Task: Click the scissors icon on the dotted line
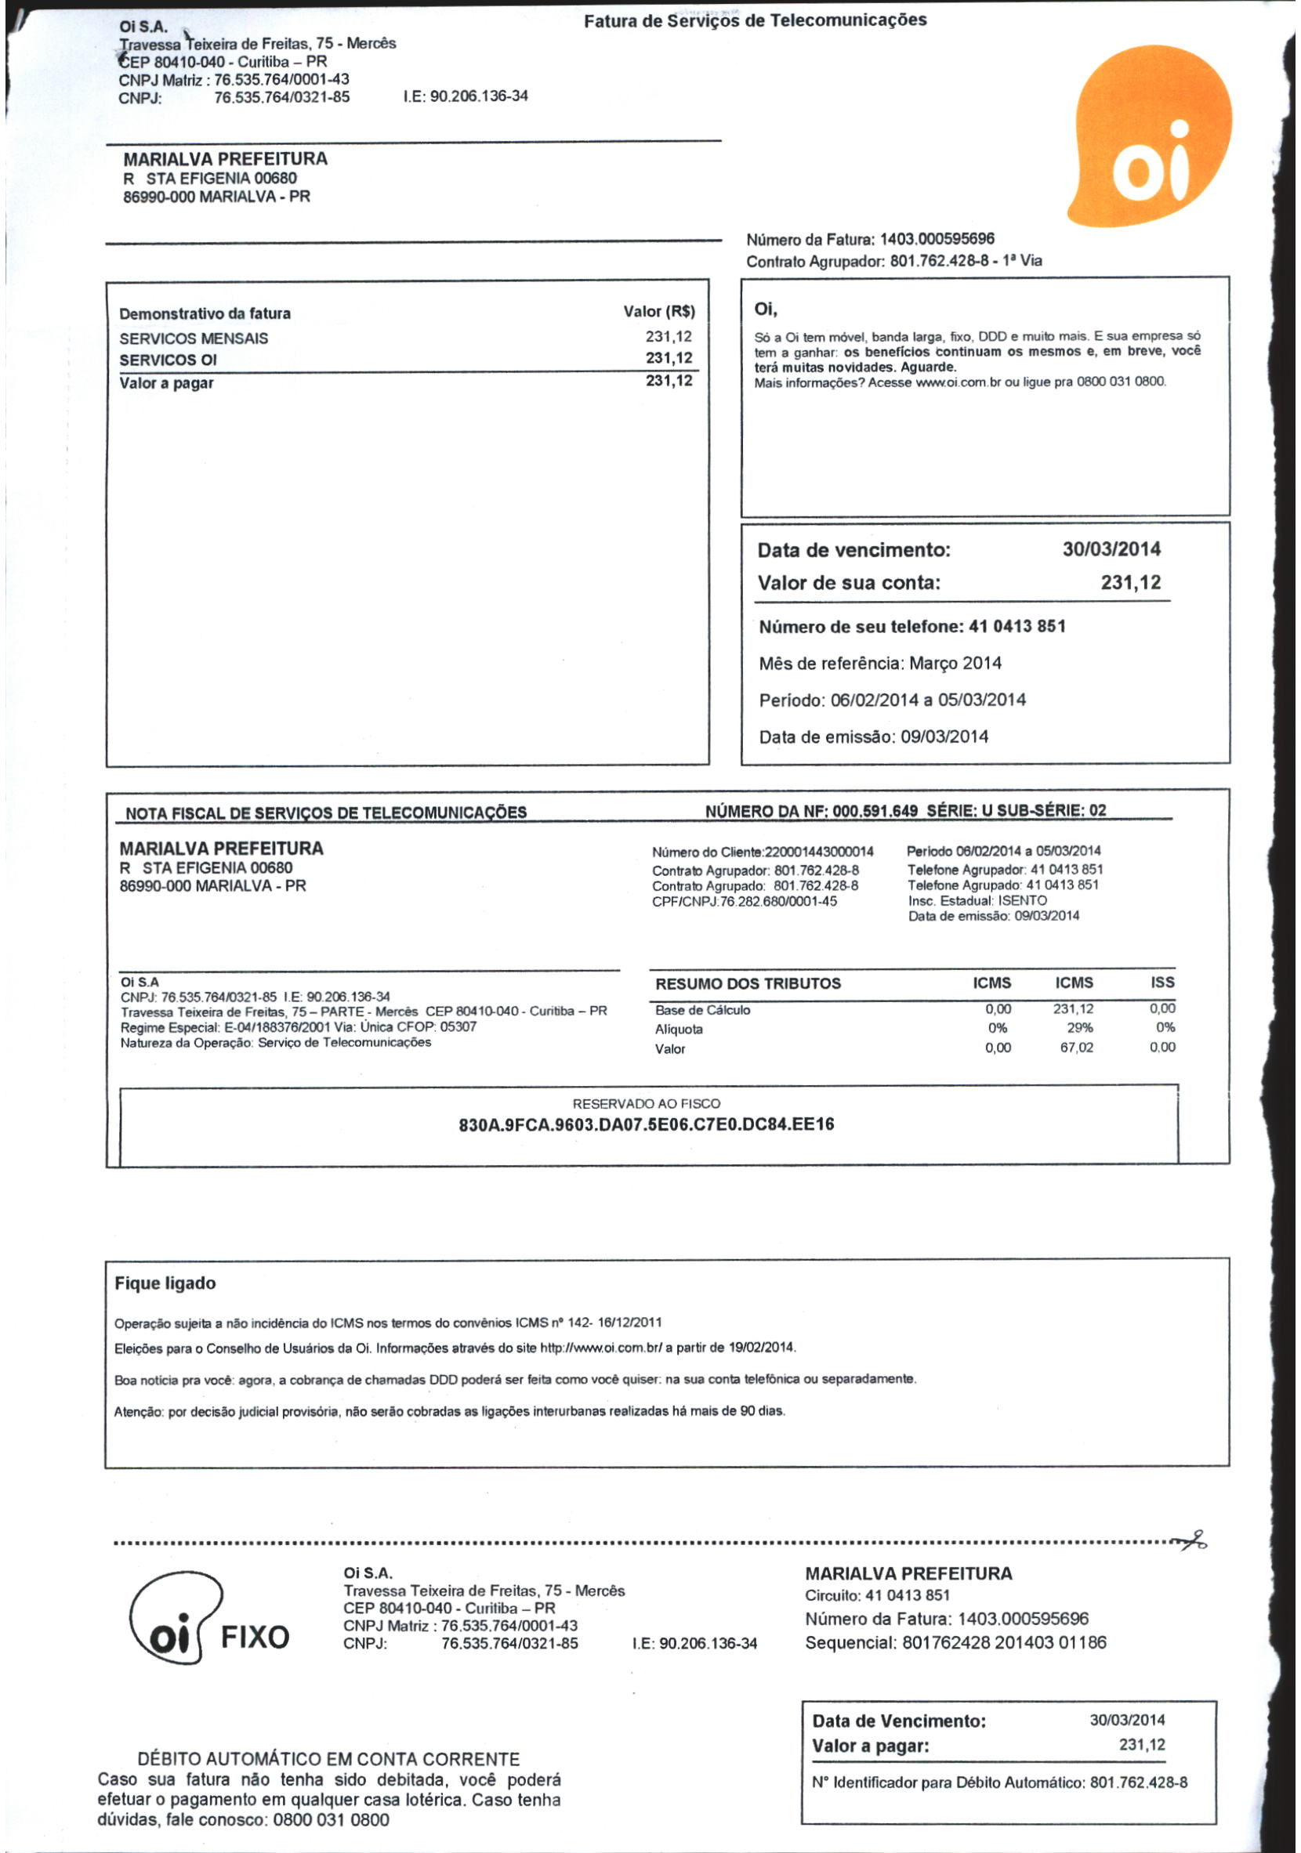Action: click(1193, 1541)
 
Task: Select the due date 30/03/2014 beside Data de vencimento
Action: click(1111, 549)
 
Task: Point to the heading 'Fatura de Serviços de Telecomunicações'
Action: click(755, 20)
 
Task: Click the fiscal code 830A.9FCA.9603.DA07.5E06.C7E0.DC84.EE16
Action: click(646, 1124)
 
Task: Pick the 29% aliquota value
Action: click(1079, 1027)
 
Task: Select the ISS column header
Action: click(1162, 983)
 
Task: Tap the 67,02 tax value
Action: click(1077, 1048)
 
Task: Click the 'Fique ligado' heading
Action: click(165, 1283)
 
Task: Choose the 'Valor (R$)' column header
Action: click(658, 312)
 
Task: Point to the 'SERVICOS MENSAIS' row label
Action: click(194, 338)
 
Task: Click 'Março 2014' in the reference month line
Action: click(955, 664)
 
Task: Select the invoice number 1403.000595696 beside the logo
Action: click(937, 239)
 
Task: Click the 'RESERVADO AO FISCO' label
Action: click(646, 1103)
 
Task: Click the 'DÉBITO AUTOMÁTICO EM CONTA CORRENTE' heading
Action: click(328, 1760)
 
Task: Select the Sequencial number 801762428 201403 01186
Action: click(1004, 1642)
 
